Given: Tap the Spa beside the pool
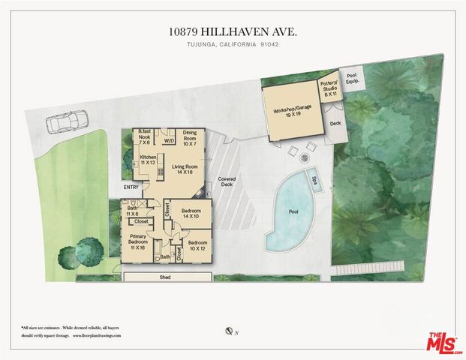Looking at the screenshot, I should (315, 181).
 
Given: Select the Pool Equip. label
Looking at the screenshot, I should (353, 77).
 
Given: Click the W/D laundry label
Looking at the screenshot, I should (170, 139).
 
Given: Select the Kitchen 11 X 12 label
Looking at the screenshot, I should (149, 160).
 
